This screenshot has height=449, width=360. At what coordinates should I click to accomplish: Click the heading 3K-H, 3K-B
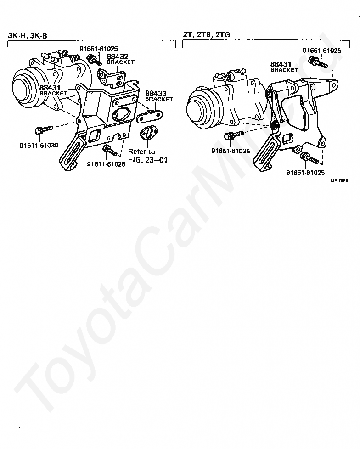28,35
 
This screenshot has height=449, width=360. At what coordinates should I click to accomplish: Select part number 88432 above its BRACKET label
118,57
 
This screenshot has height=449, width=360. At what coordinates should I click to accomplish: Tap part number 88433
156,94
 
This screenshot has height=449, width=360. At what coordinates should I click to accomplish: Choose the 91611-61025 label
106,164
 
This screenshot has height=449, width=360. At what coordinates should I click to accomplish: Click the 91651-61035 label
231,151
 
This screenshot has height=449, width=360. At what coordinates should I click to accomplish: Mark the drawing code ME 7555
340,181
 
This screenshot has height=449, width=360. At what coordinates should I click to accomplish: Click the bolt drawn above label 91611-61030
40,131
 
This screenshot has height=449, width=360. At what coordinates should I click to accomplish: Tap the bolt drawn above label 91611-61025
108,149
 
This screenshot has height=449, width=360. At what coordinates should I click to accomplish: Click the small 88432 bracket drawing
112,75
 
